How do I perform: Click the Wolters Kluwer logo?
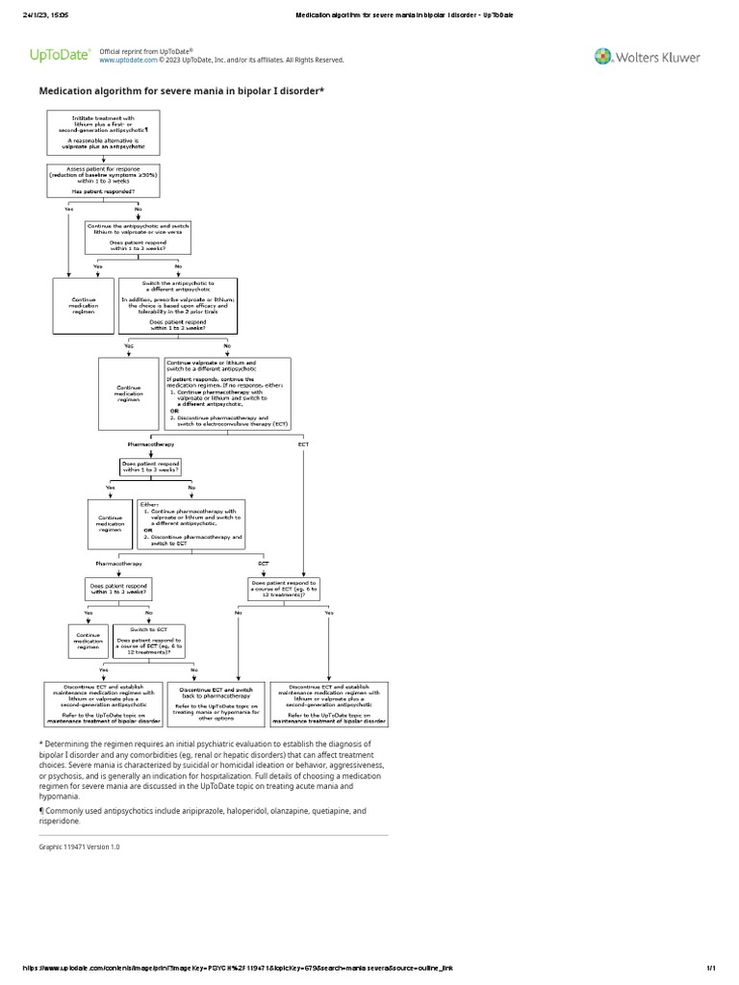click(x=647, y=57)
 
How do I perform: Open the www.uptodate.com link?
click(x=128, y=60)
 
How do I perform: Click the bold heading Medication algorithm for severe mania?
click(x=181, y=90)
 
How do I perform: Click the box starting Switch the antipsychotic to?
click(x=177, y=305)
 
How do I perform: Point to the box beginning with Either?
click(x=191, y=523)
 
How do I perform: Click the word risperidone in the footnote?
click(x=60, y=821)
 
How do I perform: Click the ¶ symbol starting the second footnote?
click(x=41, y=811)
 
